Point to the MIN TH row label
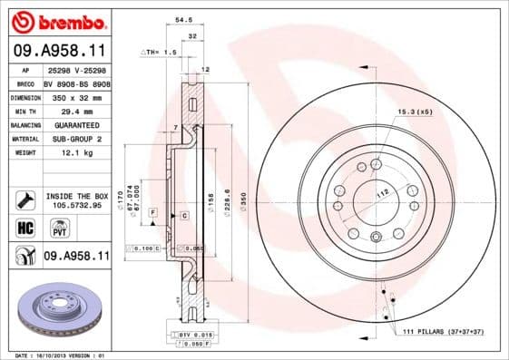click(x=24, y=110)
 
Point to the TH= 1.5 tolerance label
click(x=159, y=54)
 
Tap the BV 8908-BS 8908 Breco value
click(x=77, y=82)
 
